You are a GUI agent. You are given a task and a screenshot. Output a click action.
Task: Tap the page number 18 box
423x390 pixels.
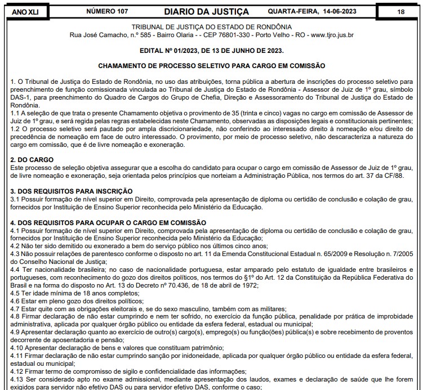point(400,11)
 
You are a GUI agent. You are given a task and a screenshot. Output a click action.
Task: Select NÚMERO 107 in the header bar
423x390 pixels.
point(107,11)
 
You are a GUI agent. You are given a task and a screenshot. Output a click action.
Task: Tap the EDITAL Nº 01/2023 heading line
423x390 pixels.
point(211,50)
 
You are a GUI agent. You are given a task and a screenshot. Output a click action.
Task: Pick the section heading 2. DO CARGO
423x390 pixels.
point(32,160)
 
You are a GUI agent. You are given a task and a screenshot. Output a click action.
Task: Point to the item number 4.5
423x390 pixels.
point(16,293)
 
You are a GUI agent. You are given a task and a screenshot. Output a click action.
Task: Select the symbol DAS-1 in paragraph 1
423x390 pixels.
point(23,97)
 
